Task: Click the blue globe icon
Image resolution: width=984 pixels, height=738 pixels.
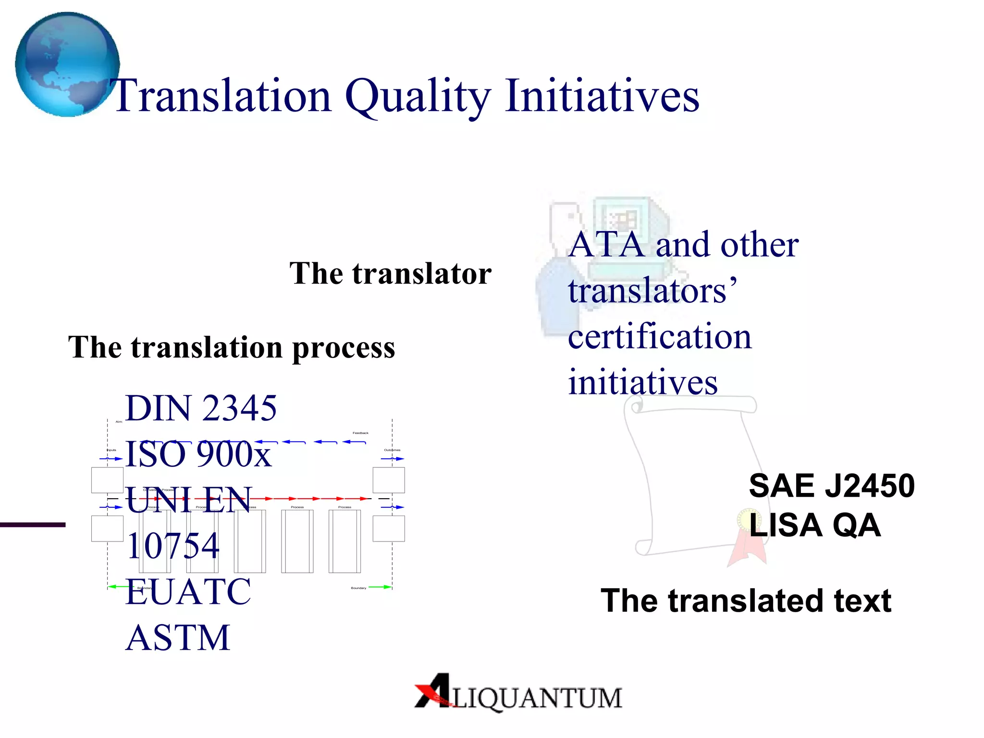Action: coord(67,64)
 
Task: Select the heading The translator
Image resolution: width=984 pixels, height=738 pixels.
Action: coord(390,273)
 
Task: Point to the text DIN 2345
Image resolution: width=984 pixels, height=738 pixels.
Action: coord(201,408)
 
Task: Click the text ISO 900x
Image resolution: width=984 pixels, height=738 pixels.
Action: coord(198,454)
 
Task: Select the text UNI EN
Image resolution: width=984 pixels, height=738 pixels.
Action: coord(188,500)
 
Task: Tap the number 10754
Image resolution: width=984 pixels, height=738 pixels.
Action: coord(173,546)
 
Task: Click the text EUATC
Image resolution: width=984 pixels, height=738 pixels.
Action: coord(188,591)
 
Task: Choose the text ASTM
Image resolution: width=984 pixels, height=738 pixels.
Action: coord(178,638)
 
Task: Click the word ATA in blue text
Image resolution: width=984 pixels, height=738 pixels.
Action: coord(606,245)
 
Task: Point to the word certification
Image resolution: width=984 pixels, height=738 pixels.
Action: coord(659,336)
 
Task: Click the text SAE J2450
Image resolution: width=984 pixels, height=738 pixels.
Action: coord(831,485)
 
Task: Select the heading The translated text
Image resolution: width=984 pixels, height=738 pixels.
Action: coord(746,601)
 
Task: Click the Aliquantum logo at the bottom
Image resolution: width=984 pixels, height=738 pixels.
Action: coord(518,693)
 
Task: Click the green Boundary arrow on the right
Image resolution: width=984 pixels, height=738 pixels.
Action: coord(380,587)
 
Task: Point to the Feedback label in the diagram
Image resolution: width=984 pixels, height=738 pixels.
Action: coord(360,433)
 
